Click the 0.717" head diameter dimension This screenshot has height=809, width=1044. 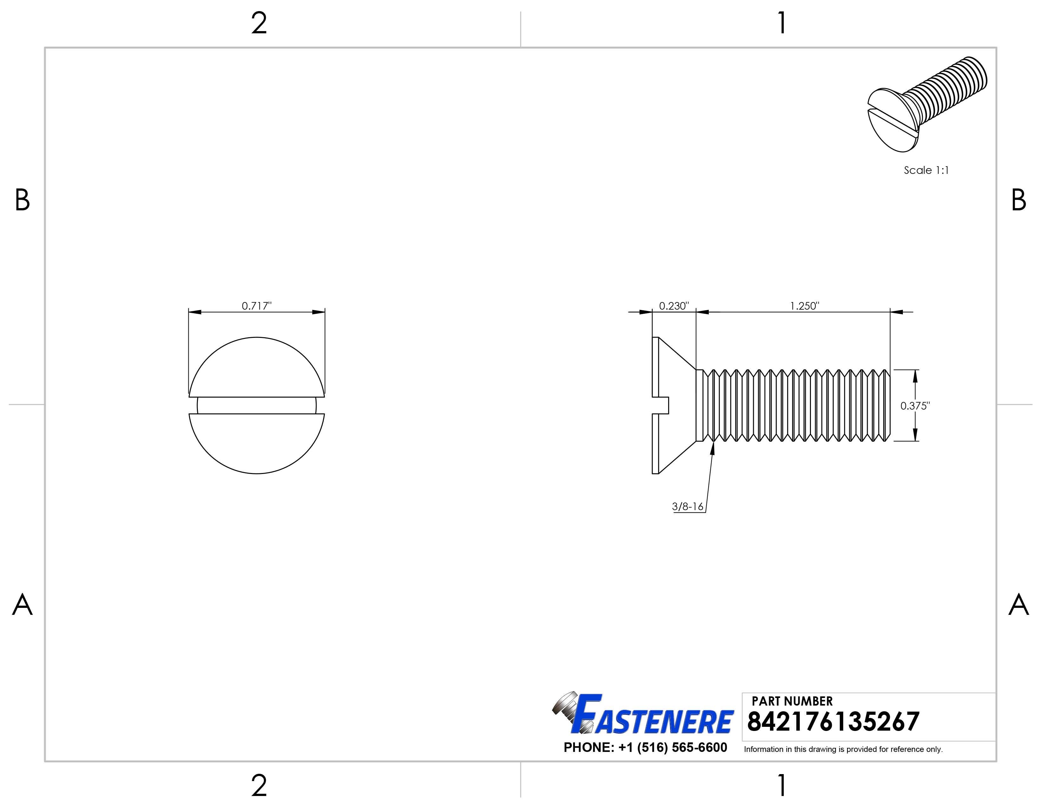(x=257, y=306)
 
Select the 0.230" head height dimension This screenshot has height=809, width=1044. (x=674, y=306)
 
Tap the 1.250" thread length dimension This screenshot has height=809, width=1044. (x=805, y=306)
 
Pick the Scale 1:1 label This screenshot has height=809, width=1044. (x=926, y=170)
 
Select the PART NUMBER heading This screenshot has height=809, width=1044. (x=792, y=701)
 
